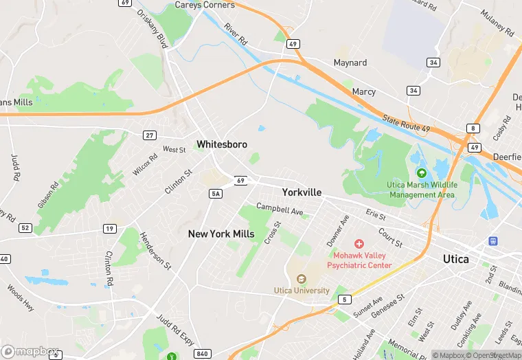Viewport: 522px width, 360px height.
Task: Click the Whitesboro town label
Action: pos(221,144)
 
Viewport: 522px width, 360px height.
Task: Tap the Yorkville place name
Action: pos(302,193)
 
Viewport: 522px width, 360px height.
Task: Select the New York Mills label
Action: pos(221,234)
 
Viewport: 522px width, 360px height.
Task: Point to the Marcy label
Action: pos(363,91)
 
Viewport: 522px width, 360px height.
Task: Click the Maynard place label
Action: pos(350,63)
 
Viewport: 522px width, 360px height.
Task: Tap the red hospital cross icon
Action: pos(359,244)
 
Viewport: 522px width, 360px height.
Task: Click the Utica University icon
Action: pos(301,279)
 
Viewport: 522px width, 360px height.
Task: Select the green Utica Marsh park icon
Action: pos(421,173)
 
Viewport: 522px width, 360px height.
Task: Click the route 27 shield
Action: pos(149,135)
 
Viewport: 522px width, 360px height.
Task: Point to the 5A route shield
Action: pos(215,194)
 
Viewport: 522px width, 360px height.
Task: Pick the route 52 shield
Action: pos(25,227)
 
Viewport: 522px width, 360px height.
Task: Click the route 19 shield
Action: pos(109,228)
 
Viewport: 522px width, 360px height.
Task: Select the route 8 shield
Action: pos(472,128)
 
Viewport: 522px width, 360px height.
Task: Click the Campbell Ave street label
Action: pos(280,208)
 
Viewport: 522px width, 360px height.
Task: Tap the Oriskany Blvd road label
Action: pos(152,28)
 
